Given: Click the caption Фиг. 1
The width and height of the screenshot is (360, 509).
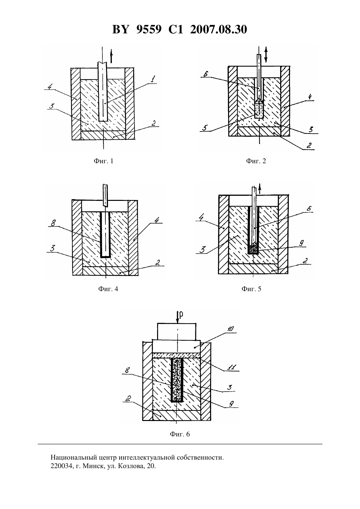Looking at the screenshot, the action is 103,161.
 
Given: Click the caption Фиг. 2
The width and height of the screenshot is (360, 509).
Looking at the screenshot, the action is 256,161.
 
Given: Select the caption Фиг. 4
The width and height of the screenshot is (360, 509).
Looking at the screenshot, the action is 108,289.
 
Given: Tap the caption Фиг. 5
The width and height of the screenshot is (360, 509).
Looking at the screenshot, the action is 251,289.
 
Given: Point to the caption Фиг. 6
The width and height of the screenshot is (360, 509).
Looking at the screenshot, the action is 180,434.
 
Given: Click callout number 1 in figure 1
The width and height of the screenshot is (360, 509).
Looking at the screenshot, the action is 153,79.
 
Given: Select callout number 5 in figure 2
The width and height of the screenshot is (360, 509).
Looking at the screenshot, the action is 205,128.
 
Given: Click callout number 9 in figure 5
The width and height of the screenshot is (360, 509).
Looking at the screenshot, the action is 301,243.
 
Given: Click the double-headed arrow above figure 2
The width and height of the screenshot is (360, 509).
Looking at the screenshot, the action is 266,55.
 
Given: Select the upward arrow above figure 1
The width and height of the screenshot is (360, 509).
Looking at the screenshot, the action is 111,56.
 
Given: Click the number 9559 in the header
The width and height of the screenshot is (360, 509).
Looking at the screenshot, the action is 149,29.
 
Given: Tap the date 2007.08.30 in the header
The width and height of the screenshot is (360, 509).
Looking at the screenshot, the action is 218,29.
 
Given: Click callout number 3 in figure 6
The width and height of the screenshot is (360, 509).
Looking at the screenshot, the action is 229,387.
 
